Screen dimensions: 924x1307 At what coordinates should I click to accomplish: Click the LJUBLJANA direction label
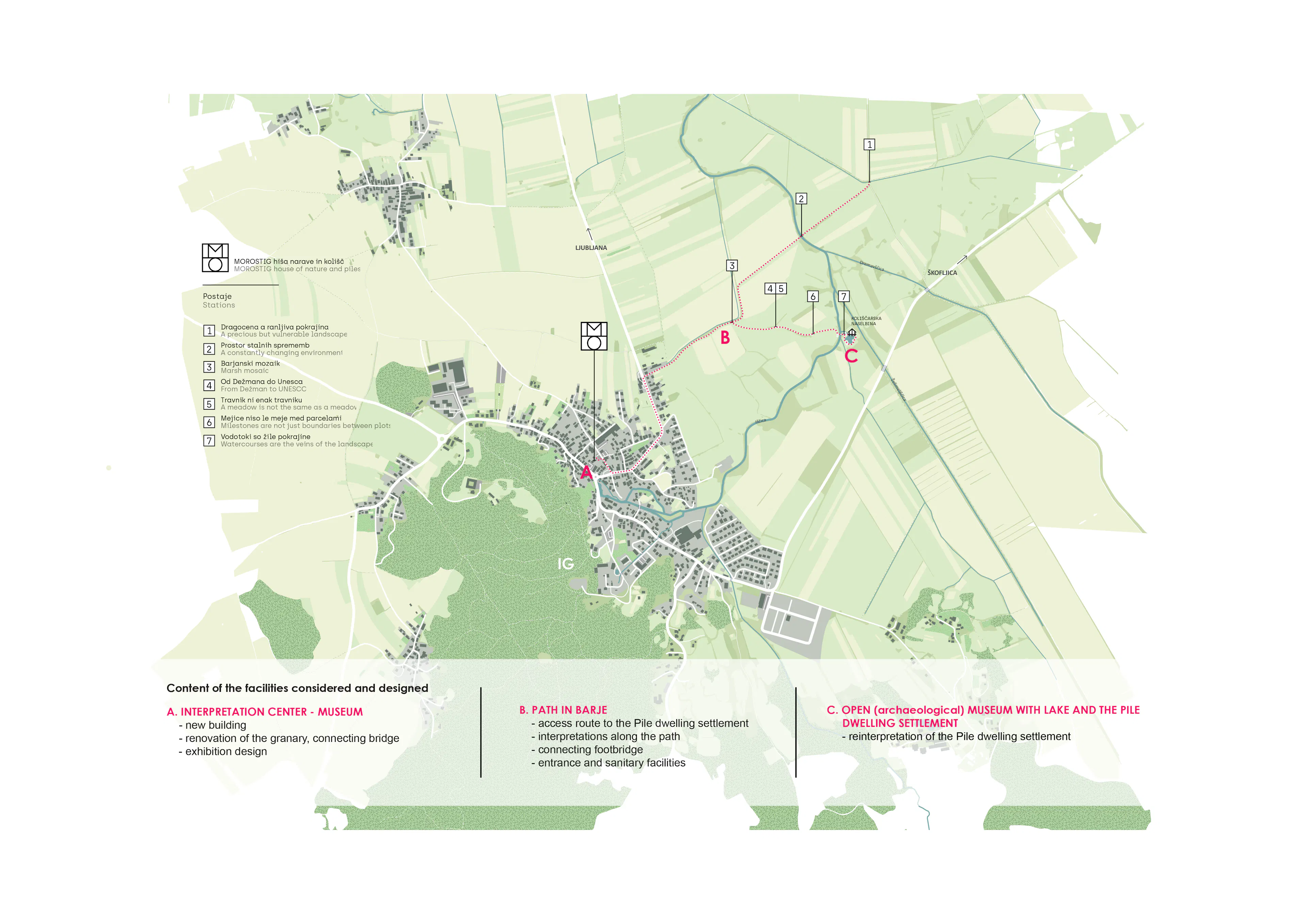click(591, 248)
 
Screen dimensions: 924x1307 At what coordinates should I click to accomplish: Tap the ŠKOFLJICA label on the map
click(942, 273)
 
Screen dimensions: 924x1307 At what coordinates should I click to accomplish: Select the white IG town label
click(565, 564)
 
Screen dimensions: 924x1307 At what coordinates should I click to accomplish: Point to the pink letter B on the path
click(725, 338)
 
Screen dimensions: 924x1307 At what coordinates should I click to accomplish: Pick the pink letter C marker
click(851, 356)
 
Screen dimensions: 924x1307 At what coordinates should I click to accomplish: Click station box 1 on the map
click(869, 145)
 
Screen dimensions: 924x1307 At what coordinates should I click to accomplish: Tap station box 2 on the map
click(801, 199)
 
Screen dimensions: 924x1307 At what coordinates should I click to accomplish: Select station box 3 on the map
click(732, 265)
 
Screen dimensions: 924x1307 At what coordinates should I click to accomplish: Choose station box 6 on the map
click(813, 297)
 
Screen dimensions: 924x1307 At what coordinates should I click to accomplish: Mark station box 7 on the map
click(844, 297)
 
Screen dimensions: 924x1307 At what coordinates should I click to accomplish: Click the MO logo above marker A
click(594, 336)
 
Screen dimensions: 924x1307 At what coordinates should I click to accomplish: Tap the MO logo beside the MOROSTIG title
click(215, 258)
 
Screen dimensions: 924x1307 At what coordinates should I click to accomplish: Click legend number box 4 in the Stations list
click(209, 386)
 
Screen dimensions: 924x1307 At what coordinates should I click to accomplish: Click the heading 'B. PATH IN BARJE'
click(563, 710)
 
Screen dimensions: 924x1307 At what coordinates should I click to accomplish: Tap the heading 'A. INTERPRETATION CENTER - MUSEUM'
click(265, 712)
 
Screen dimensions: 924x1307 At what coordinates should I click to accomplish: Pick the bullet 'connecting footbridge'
click(590, 749)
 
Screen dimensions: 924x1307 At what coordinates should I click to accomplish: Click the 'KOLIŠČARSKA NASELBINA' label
click(866, 321)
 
